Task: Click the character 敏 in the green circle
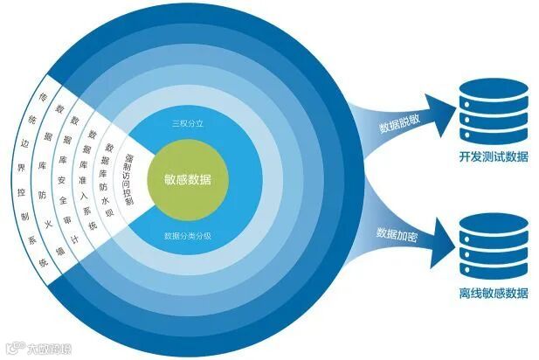tap(169, 181)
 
